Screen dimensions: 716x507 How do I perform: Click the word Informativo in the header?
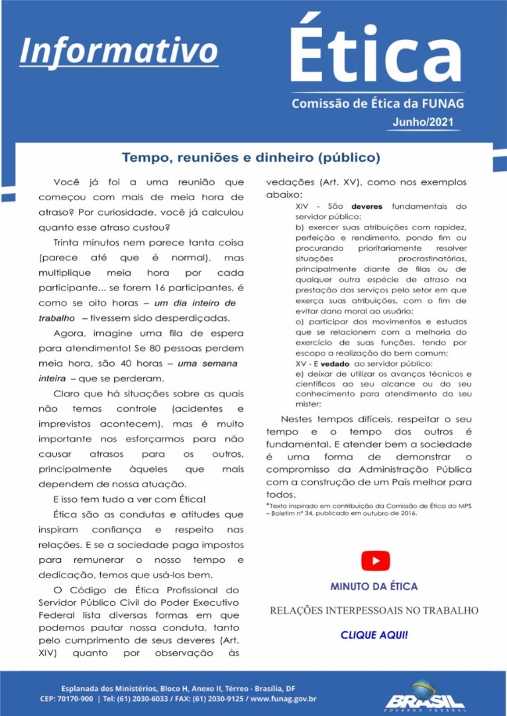(119, 50)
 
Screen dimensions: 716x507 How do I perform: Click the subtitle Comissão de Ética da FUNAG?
(378, 103)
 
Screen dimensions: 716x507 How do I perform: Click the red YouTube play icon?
(375, 561)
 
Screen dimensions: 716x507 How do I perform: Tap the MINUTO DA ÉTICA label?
(374, 587)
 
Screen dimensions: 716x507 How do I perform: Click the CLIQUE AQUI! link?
(374, 635)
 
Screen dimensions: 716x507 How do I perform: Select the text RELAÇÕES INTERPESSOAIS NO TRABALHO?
(374, 610)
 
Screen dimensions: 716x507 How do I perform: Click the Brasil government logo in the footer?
(425, 696)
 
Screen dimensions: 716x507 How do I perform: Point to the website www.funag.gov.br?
(284, 699)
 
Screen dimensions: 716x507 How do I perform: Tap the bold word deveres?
(366, 206)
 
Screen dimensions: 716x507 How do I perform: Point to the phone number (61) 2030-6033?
(150, 699)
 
